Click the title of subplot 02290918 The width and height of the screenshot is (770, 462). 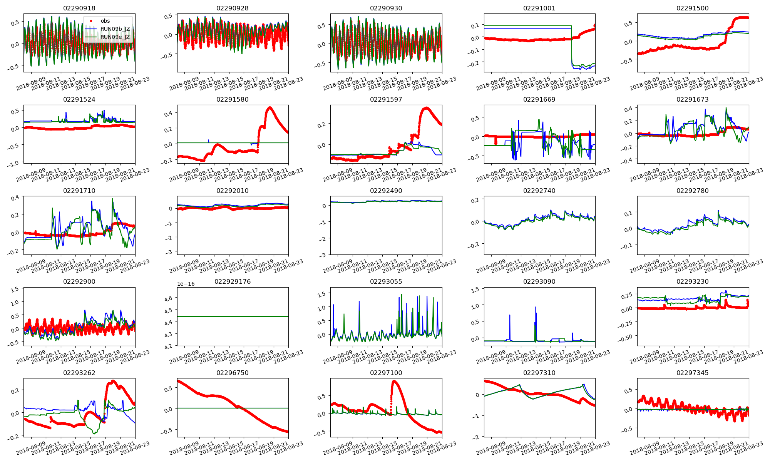click(79, 8)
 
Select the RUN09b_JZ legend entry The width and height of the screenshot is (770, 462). click(115, 29)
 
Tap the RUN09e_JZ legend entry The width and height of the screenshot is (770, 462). click(115, 37)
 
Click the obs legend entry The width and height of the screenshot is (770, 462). click(105, 21)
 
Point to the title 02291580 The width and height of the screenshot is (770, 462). click(233, 99)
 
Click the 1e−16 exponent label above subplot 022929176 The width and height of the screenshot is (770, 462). click(186, 284)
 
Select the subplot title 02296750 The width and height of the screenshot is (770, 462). click(233, 373)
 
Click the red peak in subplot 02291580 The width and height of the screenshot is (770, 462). click(270, 107)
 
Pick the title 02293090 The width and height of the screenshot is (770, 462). click(539, 281)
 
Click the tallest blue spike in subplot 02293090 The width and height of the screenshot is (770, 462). click(536, 307)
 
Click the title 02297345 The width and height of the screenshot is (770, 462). click(692, 373)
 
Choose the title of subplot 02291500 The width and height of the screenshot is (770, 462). click(692, 8)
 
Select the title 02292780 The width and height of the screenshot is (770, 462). click(692, 191)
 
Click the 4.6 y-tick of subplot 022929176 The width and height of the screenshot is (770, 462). click(168, 298)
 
